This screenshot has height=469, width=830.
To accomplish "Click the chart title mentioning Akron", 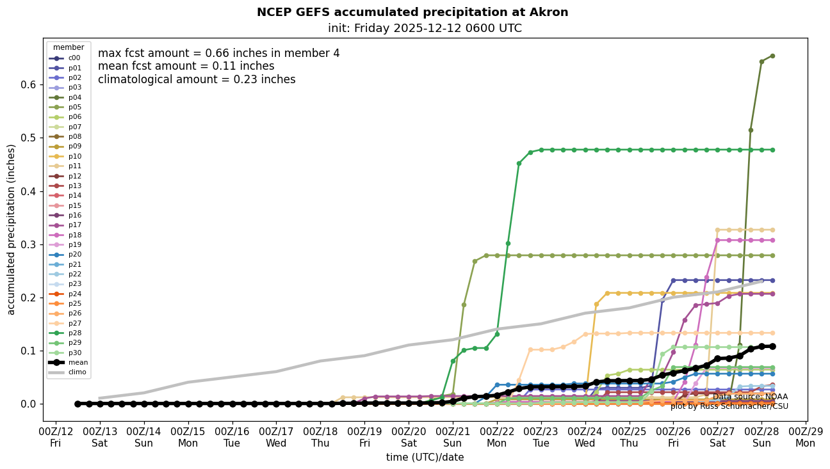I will click(412, 12).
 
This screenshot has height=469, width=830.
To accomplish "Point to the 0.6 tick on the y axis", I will click(31, 85).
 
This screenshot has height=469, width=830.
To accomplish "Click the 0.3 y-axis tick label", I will click(31, 244).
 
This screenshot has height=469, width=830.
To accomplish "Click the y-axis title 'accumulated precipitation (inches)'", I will click(12, 229).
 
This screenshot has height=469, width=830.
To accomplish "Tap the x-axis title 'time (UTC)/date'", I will click(425, 457).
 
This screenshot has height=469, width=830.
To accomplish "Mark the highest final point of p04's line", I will click(772, 56).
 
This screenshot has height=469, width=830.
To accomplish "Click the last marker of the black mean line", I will click(772, 346).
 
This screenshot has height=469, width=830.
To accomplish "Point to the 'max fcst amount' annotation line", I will click(219, 53).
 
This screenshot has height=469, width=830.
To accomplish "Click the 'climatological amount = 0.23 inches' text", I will click(197, 79).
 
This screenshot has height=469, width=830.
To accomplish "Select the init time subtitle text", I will click(425, 28).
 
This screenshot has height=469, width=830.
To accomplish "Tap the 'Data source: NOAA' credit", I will click(750, 397).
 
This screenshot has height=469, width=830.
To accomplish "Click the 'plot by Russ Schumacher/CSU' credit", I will click(729, 406).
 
